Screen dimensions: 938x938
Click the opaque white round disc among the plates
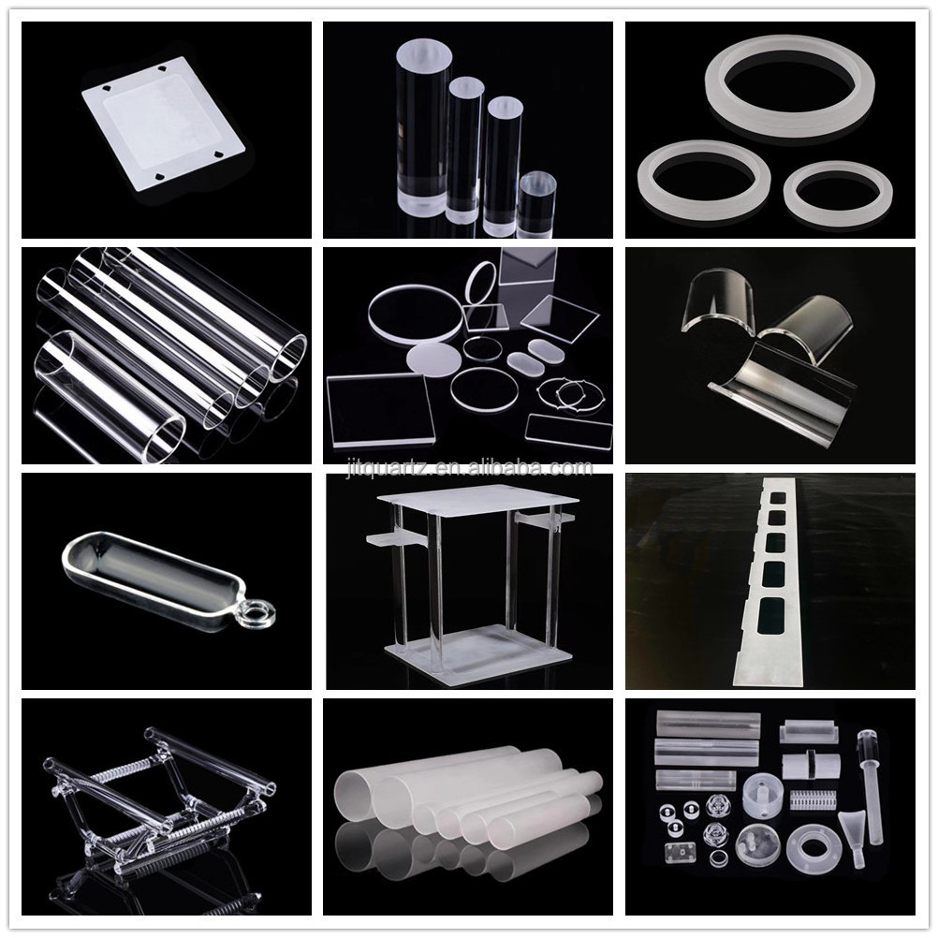[433, 359]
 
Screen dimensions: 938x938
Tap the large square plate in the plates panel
[380, 410]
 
